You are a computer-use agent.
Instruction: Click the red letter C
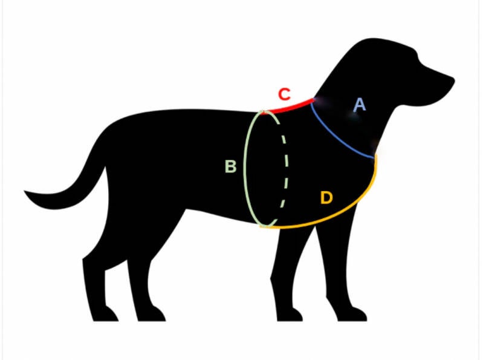pos(284,94)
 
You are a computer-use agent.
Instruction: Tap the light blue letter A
pos(360,105)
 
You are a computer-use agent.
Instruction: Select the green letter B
pos(230,166)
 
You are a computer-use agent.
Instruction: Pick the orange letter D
pos(326,198)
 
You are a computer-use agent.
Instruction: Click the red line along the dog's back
pos(290,106)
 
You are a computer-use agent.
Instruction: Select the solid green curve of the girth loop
pos(246,169)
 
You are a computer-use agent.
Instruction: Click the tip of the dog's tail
pos(27,193)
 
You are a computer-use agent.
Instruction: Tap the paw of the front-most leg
pos(357,315)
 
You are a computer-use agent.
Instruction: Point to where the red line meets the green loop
pos(264,112)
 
